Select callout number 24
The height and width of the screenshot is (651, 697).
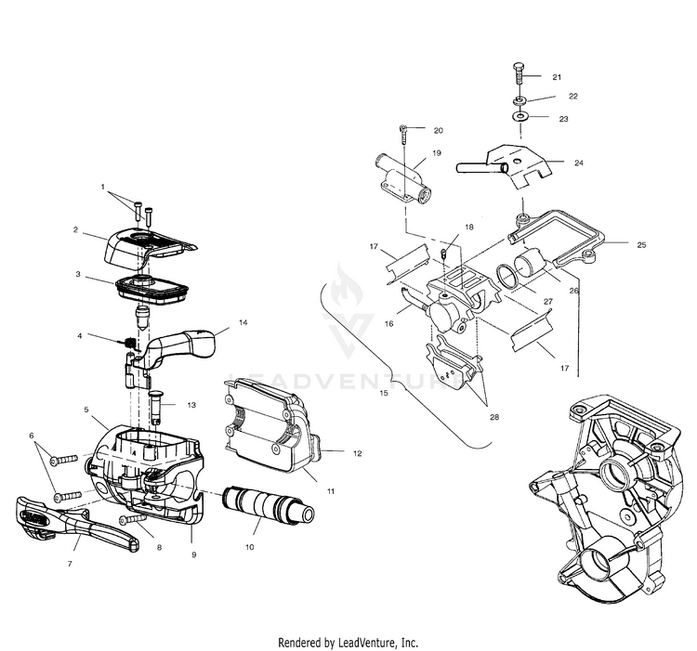(x=578, y=163)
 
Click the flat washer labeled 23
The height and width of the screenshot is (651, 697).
(x=517, y=118)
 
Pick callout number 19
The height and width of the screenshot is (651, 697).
(x=436, y=152)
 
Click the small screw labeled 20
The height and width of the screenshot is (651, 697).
(x=404, y=134)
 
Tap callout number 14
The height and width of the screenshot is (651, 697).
(x=243, y=322)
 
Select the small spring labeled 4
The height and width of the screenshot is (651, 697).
(x=130, y=345)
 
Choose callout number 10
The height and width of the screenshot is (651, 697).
(x=249, y=548)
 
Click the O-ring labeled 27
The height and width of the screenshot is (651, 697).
(x=512, y=277)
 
